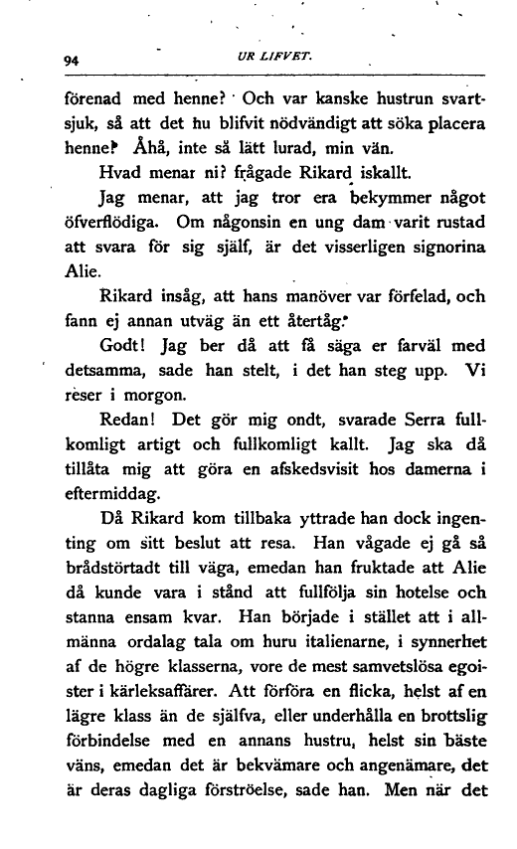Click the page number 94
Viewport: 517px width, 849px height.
(x=71, y=60)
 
